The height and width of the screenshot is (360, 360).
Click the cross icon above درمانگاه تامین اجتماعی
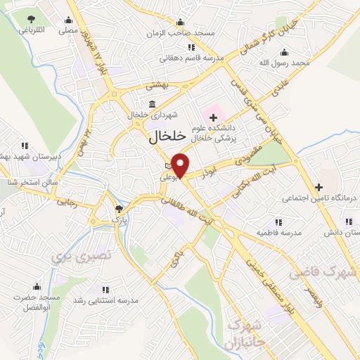[x=319, y=186]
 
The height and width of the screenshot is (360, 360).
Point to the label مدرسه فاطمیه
[x=278, y=232]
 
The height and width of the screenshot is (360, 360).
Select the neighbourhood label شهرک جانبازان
[x=244, y=334]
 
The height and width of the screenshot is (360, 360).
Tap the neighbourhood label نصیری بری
[x=81, y=256]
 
